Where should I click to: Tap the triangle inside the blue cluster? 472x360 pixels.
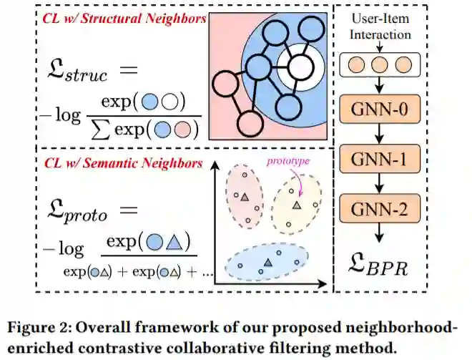click(x=267, y=263)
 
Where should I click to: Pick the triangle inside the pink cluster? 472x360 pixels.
click(x=244, y=196)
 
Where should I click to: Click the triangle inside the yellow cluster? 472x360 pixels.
click(x=295, y=205)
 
